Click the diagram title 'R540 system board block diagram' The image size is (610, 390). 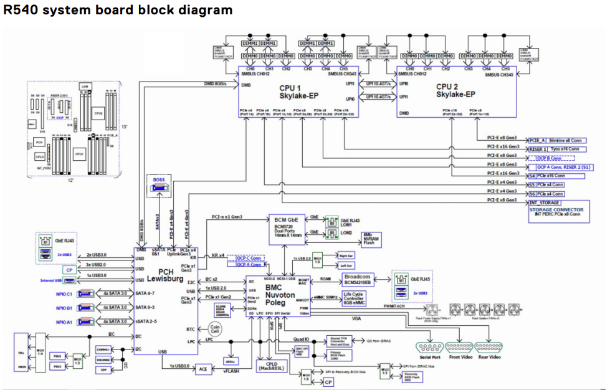coord(118,10)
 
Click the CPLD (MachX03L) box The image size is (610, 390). coord(271,366)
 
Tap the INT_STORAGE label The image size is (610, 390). coord(545,202)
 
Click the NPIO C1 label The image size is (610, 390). coord(65,293)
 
